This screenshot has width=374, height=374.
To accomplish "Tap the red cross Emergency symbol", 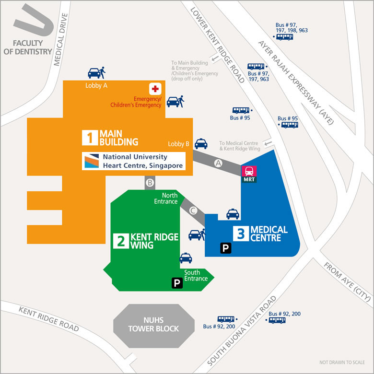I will tap(155, 89).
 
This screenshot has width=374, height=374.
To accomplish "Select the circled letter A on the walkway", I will tap(219, 164).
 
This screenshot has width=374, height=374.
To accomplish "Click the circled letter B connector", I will tap(150, 182).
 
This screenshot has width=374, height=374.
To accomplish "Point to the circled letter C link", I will tap(193, 210).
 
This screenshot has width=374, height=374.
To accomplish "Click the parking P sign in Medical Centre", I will tap(225, 248).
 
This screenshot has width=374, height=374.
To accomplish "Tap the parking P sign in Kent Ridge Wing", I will tap(177, 283).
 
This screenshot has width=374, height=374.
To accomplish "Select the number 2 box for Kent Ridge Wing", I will tap(120, 241).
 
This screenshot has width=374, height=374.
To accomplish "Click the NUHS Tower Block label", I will tap(153, 324).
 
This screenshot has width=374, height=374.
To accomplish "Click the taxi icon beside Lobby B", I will tap(201, 143).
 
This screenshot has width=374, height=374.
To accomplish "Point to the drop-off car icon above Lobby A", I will tap(96, 73).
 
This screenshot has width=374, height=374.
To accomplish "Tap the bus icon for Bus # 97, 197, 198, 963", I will tap(284, 36).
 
